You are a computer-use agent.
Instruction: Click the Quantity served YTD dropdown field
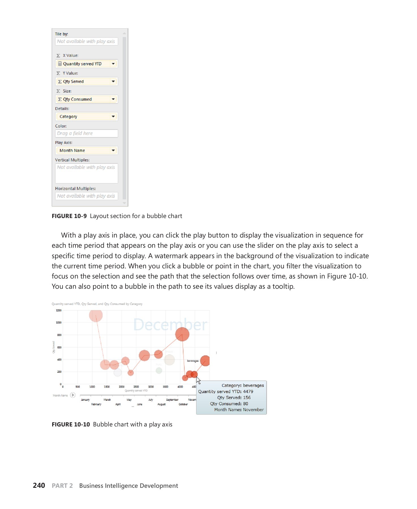86,64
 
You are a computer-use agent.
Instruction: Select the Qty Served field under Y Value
86,81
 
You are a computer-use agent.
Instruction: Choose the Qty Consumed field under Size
86,99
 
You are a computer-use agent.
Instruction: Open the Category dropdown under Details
113,117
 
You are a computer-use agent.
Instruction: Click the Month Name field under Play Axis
86,150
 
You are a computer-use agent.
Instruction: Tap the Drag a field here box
86,133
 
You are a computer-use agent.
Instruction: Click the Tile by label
61,34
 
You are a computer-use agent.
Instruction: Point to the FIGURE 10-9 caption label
69,216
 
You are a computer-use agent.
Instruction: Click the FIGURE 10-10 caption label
71,424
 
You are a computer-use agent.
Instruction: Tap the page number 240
39,486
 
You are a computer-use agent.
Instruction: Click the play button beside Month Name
73,395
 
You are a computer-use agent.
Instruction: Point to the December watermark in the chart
170,325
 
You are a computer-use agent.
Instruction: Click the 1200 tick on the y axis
59,310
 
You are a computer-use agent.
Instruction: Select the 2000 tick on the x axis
122,387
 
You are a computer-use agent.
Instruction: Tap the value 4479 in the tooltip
248,392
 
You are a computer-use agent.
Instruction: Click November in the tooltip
253,410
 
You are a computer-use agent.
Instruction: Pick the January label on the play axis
85,400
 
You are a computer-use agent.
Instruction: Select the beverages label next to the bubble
193,361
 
